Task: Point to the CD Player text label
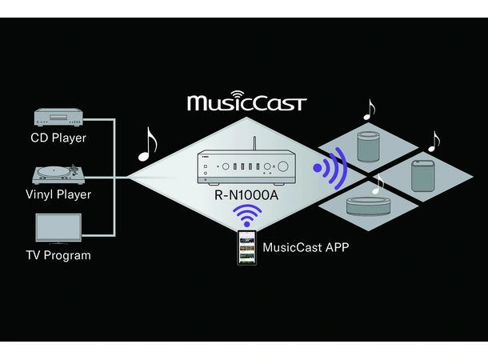58,138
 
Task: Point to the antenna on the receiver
254,145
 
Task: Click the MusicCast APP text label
306,247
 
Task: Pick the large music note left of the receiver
147,143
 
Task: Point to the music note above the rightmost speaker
434,141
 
